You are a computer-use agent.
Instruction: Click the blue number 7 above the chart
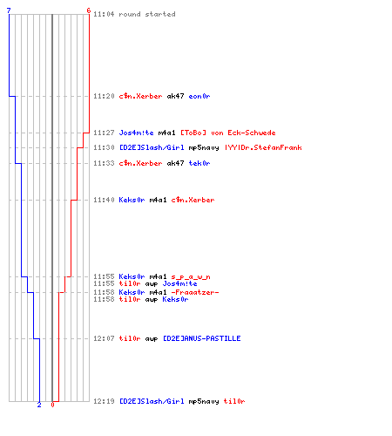(9, 10)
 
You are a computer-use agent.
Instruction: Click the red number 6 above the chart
(89, 10)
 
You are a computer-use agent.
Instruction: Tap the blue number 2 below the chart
(39, 405)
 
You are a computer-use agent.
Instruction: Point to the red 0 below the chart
(52, 405)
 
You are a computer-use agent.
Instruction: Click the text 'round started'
(147, 14)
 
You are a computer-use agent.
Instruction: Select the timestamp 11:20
(104, 96)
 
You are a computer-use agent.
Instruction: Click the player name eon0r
(199, 96)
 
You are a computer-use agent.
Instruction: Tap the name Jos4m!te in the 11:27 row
(136, 133)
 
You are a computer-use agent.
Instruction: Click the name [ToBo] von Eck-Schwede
(228, 133)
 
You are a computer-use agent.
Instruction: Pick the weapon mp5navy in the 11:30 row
(204, 148)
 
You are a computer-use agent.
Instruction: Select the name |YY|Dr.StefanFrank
(263, 147)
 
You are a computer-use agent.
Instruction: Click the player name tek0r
(199, 163)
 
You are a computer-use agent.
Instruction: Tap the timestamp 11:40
(104, 200)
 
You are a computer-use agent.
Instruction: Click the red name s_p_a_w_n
(191, 276)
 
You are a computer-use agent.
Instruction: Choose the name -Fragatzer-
(195, 292)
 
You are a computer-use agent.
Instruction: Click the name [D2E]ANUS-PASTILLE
(201, 338)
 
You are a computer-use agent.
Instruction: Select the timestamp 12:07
(104, 338)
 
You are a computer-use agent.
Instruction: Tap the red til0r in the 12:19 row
(234, 401)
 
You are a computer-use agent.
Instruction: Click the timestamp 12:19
(104, 401)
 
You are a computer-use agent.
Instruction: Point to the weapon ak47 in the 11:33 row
(175, 163)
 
